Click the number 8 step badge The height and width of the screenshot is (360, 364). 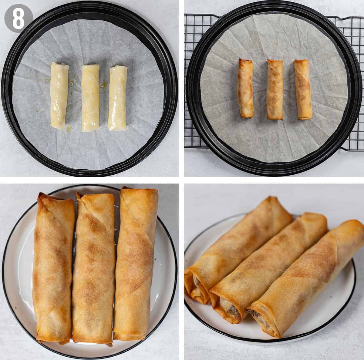tap(19, 19)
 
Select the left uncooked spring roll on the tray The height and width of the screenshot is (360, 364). tap(59, 96)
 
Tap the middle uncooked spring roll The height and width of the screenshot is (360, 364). tap(90, 98)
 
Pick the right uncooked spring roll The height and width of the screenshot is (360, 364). tap(118, 98)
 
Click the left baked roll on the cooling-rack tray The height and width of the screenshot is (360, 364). tap(246, 88)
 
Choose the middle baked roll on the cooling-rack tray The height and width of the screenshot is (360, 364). tap(275, 89)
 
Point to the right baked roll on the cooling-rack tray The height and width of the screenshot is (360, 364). tap(303, 89)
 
